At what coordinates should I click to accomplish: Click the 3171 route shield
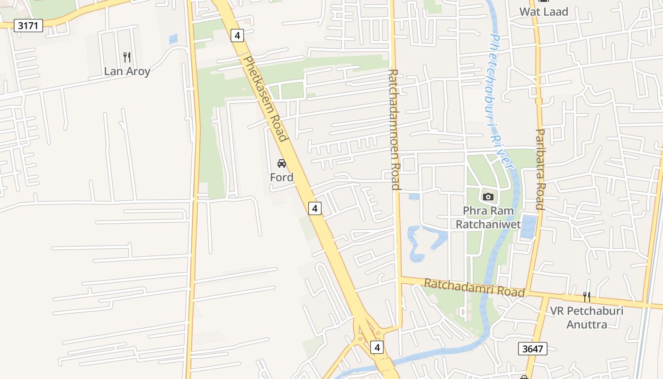click(28, 26)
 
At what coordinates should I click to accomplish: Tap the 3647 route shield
click(532, 349)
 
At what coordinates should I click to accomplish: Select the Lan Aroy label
click(127, 72)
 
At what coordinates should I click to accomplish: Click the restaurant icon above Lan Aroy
click(126, 57)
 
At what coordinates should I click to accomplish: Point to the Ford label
click(282, 177)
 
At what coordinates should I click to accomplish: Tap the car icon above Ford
click(282, 163)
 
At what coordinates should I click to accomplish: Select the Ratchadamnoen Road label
click(394, 129)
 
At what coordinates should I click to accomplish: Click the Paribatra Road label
click(539, 169)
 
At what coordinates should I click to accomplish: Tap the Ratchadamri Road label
click(474, 287)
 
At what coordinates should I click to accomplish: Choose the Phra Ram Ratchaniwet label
click(488, 217)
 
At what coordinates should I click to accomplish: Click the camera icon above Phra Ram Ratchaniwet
click(488, 197)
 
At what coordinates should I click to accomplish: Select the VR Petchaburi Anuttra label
click(586, 318)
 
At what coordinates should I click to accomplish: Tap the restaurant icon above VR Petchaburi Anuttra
click(587, 297)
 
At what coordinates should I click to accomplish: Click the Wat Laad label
click(544, 12)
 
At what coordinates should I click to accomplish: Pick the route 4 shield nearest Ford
click(315, 208)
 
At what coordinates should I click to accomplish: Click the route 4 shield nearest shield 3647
click(377, 347)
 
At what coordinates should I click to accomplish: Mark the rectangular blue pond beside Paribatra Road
click(528, 227)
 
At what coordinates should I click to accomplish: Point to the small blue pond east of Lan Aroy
click(173, 39)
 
